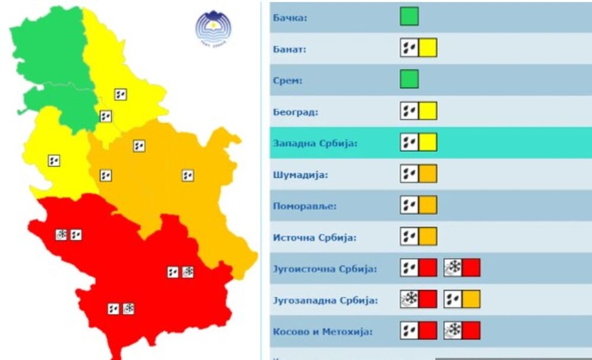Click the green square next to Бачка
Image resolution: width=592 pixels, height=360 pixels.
(x=409, y=16)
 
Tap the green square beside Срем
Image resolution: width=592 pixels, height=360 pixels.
(x=409, y=79)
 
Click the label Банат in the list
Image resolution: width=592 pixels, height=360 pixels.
(x=289, y=49)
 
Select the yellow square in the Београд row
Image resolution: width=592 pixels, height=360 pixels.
(x=428, y=111)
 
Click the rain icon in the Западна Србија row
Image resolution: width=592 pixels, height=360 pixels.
(x=409, y=142)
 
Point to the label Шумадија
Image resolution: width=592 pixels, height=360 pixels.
(x=301, y=175)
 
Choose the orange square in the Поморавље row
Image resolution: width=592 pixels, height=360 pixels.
(x=428, y=205)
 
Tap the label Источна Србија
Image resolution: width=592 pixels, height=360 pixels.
(x=314, y=237)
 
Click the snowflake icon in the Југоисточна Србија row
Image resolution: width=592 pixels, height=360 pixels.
(x=453, y=268)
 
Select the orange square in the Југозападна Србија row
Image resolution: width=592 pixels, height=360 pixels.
(x=471, y=299)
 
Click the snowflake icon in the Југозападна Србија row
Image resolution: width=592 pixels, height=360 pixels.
(x=409, y=299)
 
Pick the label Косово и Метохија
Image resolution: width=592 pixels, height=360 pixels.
(x=323, y=332)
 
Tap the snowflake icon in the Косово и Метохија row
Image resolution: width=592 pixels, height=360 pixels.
(x=453, y=330)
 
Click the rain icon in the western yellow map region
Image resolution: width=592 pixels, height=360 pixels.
(x=54, y=160)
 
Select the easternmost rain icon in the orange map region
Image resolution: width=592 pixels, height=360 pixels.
(x=188, y=175)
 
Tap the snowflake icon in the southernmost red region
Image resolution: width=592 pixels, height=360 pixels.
(x=128, y=308)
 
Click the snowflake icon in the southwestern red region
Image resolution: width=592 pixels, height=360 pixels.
(x=61, y=234)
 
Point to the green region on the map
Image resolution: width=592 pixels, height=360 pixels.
(x=53, y=65)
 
